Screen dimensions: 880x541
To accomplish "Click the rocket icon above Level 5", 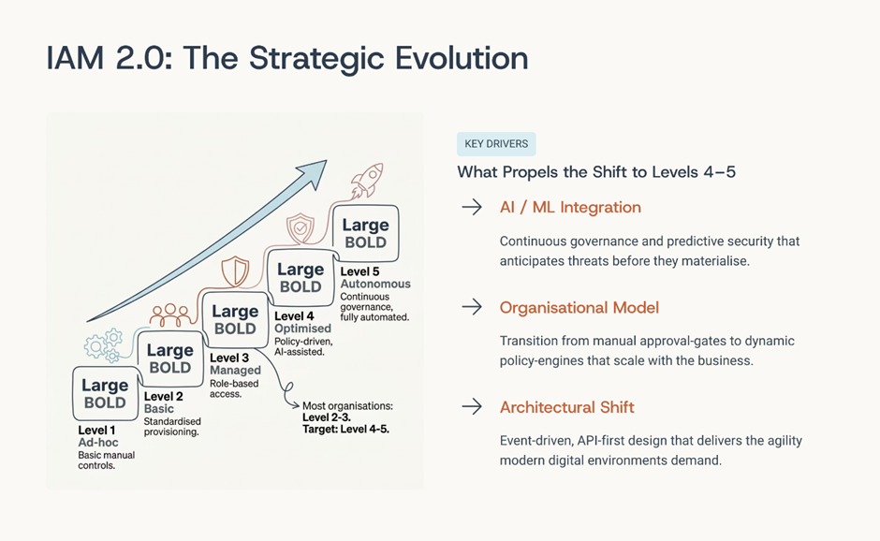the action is pos(367,180).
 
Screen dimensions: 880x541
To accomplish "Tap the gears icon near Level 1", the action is pos(104,345).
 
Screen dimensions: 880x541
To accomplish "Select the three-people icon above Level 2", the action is pos(170,315).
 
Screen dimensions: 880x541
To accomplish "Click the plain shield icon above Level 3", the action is pos(235,271).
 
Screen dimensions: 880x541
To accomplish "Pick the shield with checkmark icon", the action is pos(301,228).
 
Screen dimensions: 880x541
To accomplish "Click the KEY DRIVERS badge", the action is pos(496,143).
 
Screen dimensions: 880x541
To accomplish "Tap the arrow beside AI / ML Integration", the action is pos(472,207).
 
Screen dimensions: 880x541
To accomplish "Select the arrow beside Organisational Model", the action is pos(472,307).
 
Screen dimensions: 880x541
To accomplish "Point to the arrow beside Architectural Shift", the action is pos(472,406).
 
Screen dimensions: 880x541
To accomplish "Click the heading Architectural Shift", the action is pos(566,407).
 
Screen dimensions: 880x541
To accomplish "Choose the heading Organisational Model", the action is pos(579,308).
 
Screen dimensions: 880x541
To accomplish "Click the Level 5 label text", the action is pos(359,271).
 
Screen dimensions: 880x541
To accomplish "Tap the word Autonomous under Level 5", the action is pos(375,284).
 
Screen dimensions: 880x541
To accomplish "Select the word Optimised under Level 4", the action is pos(302,329).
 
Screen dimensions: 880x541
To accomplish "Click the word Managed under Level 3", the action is pos(235,371).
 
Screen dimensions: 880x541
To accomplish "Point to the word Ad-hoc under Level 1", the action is pos(98,443).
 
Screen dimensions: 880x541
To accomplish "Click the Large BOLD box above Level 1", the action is pos(106,393).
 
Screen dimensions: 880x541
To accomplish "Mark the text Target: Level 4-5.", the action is pos(345,430).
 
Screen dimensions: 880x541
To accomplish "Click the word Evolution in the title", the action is pos(462,58).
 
